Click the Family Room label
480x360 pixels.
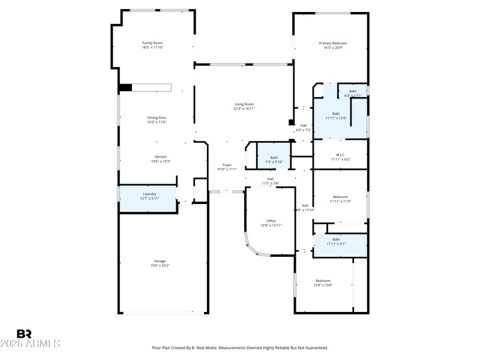pyautogui.click(x=152, y=43)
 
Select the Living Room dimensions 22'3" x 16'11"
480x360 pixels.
pyautogui.click(x=244, y=109)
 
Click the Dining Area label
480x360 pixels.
pyautogui.click(x=157, y=118)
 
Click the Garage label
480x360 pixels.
pyautogui.click(x=160, y=261)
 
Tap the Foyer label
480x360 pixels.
pyautogui.click(x=227, y=165)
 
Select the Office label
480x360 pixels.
pyautogui.click(x=271, y=221)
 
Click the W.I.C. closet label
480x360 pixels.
pyautogui.click(x=339, y=156)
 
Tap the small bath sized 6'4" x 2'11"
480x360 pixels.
pyautogui.click(x=353, y=92)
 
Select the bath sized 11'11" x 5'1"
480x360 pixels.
pyautogui.click(x=336, y=242)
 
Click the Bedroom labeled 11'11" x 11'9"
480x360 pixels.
pyautogui.click(x=340, y=197)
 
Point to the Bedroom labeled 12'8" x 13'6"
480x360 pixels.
pyautogui.click(x=323, y=281)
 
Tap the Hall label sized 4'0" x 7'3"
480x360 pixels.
pyautogui.click(x=304, y=127)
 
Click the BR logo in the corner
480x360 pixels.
pyautogui.click(x=24, y=334)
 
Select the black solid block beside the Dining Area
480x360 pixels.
pyautogui.click(x=125, y=88)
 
